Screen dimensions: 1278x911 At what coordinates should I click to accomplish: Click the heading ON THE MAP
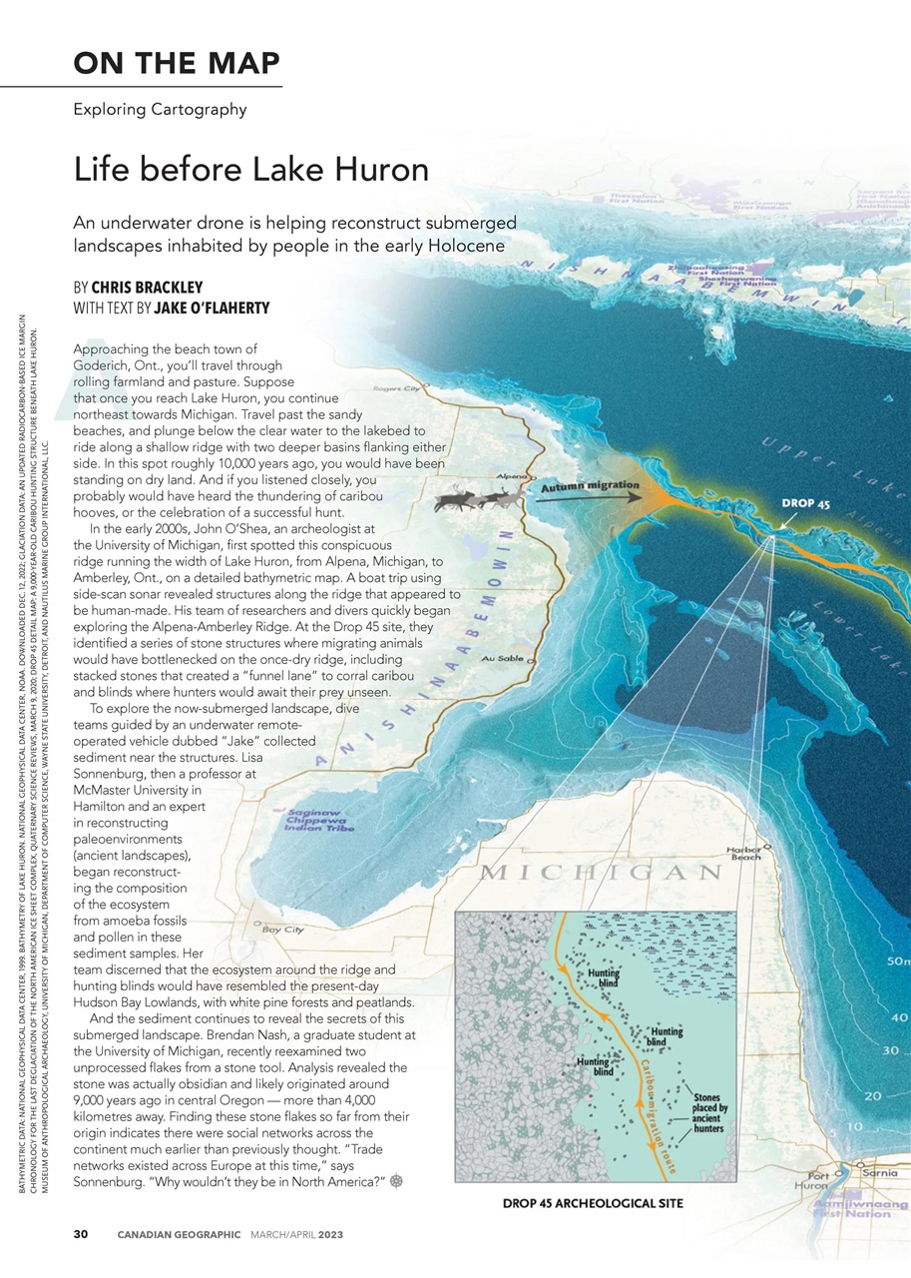coord(176,63)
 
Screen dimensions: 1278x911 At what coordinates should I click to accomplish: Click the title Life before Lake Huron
coord(250,169)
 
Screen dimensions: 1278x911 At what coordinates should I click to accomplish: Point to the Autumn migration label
coord(590,487)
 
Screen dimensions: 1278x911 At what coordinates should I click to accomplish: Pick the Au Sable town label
coord(501,659)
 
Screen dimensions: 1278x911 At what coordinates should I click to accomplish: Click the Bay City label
coord(282,929)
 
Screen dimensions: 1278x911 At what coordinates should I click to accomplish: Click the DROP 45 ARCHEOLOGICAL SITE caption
coord(593,1203)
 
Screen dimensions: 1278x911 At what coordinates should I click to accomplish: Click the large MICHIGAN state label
coord(602,873)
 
